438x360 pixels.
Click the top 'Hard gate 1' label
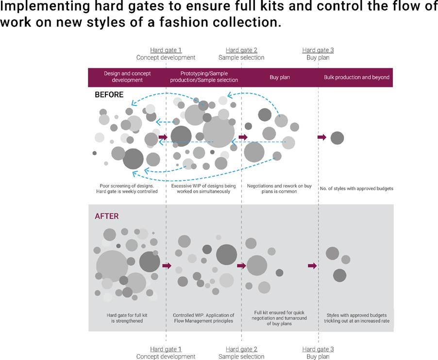(166, 50)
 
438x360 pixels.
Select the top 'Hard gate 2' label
(241, 50)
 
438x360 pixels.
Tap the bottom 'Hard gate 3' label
(318, 349)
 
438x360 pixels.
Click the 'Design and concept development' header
(127, 77)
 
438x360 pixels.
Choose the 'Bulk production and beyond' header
(356, 77)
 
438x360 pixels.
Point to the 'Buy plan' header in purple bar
(279, 77)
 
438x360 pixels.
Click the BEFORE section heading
(109, 95)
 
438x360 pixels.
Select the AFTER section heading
(106, 216)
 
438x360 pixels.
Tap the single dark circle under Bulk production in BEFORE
(337, 138)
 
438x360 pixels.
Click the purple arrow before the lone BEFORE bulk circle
(322, 137)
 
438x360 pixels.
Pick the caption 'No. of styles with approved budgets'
(356, 188)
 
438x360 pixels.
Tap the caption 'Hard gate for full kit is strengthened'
(127, 318)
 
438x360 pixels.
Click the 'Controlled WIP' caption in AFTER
(203, 318)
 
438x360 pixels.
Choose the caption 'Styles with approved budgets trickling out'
(356, 318)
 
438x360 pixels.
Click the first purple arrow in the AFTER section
(167, 266)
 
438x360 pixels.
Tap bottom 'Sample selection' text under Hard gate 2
(241, 357)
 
